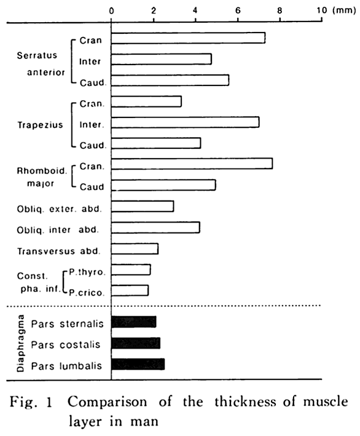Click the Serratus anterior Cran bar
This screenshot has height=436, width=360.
[188, 38]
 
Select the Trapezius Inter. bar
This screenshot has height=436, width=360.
[186, 122]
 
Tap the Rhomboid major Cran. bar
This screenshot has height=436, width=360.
[192, 164]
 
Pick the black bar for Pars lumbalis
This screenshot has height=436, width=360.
[138, 364]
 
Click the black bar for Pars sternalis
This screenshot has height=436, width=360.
[134, 322]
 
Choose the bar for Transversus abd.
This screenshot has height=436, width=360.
[135, 248]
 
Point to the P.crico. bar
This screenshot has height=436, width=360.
[130, 290]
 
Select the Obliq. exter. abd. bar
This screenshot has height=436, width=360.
[143, 207]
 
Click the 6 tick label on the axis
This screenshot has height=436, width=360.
[238, 10]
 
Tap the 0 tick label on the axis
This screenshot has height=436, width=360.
[111, 11]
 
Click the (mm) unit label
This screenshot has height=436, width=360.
[344, 10]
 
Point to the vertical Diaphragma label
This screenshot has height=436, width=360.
[21, 343]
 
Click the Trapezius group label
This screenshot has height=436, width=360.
[41, 125]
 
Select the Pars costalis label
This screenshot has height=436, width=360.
[66, 345]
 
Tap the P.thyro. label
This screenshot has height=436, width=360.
[87, 272]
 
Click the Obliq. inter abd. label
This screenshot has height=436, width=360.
[58, 230]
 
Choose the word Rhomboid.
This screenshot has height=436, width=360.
[42, 171]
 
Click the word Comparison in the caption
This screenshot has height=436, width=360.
[108, 402]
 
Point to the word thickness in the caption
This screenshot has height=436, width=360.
[246, 402]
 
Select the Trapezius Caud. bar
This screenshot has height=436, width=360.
[156, 143]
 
